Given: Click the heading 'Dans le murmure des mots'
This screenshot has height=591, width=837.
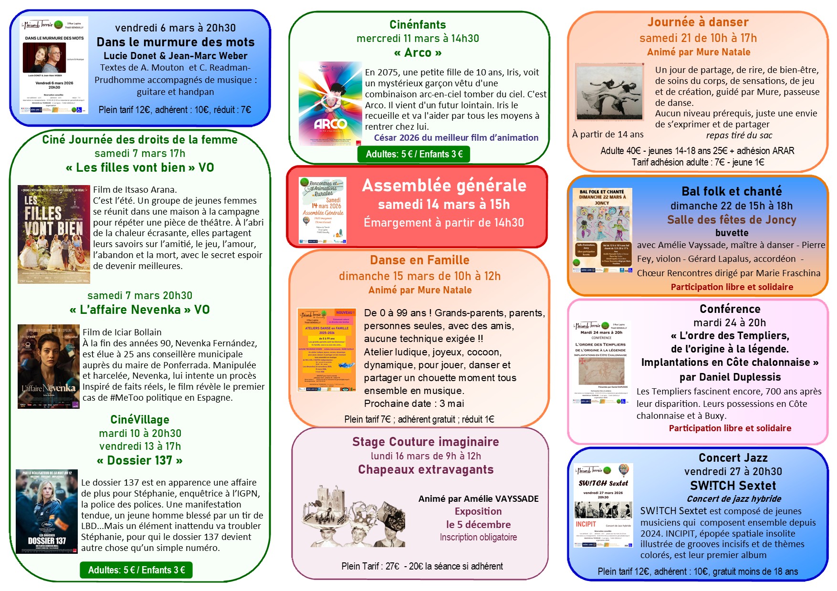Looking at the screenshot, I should (175, 42).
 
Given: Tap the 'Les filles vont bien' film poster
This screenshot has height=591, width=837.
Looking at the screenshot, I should (54, 234).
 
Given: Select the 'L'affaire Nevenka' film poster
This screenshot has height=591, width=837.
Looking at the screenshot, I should (49, 366).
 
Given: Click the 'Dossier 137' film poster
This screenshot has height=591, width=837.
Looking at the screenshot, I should (47, 511).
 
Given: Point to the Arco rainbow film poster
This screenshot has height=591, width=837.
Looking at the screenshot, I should (330, 104).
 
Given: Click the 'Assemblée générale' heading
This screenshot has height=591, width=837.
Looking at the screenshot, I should (444, 186).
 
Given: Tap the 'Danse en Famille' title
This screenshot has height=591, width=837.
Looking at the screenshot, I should (419, 260).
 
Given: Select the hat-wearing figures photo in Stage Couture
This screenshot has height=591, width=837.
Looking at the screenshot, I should (354, 517).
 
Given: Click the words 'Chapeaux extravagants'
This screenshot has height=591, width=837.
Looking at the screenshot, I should (426, 470).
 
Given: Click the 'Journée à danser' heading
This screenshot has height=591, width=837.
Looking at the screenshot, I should (698, 22).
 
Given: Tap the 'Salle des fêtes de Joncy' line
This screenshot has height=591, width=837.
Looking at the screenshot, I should (732, 220).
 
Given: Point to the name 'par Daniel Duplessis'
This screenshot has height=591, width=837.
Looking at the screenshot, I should (730, 377).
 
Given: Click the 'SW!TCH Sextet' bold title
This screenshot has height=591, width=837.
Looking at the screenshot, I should (733, 486).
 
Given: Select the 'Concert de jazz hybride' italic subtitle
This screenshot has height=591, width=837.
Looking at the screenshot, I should (733, 499).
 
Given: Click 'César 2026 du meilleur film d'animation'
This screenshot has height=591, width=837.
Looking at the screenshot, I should (456, 138).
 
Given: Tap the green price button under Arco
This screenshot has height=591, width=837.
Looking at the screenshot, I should (414, 154).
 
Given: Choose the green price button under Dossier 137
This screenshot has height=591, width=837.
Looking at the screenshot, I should (136, 570).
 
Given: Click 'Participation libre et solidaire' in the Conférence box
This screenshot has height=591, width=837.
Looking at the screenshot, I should (730, 428).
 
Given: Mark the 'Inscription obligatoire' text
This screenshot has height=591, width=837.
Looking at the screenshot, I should (478, 538).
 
